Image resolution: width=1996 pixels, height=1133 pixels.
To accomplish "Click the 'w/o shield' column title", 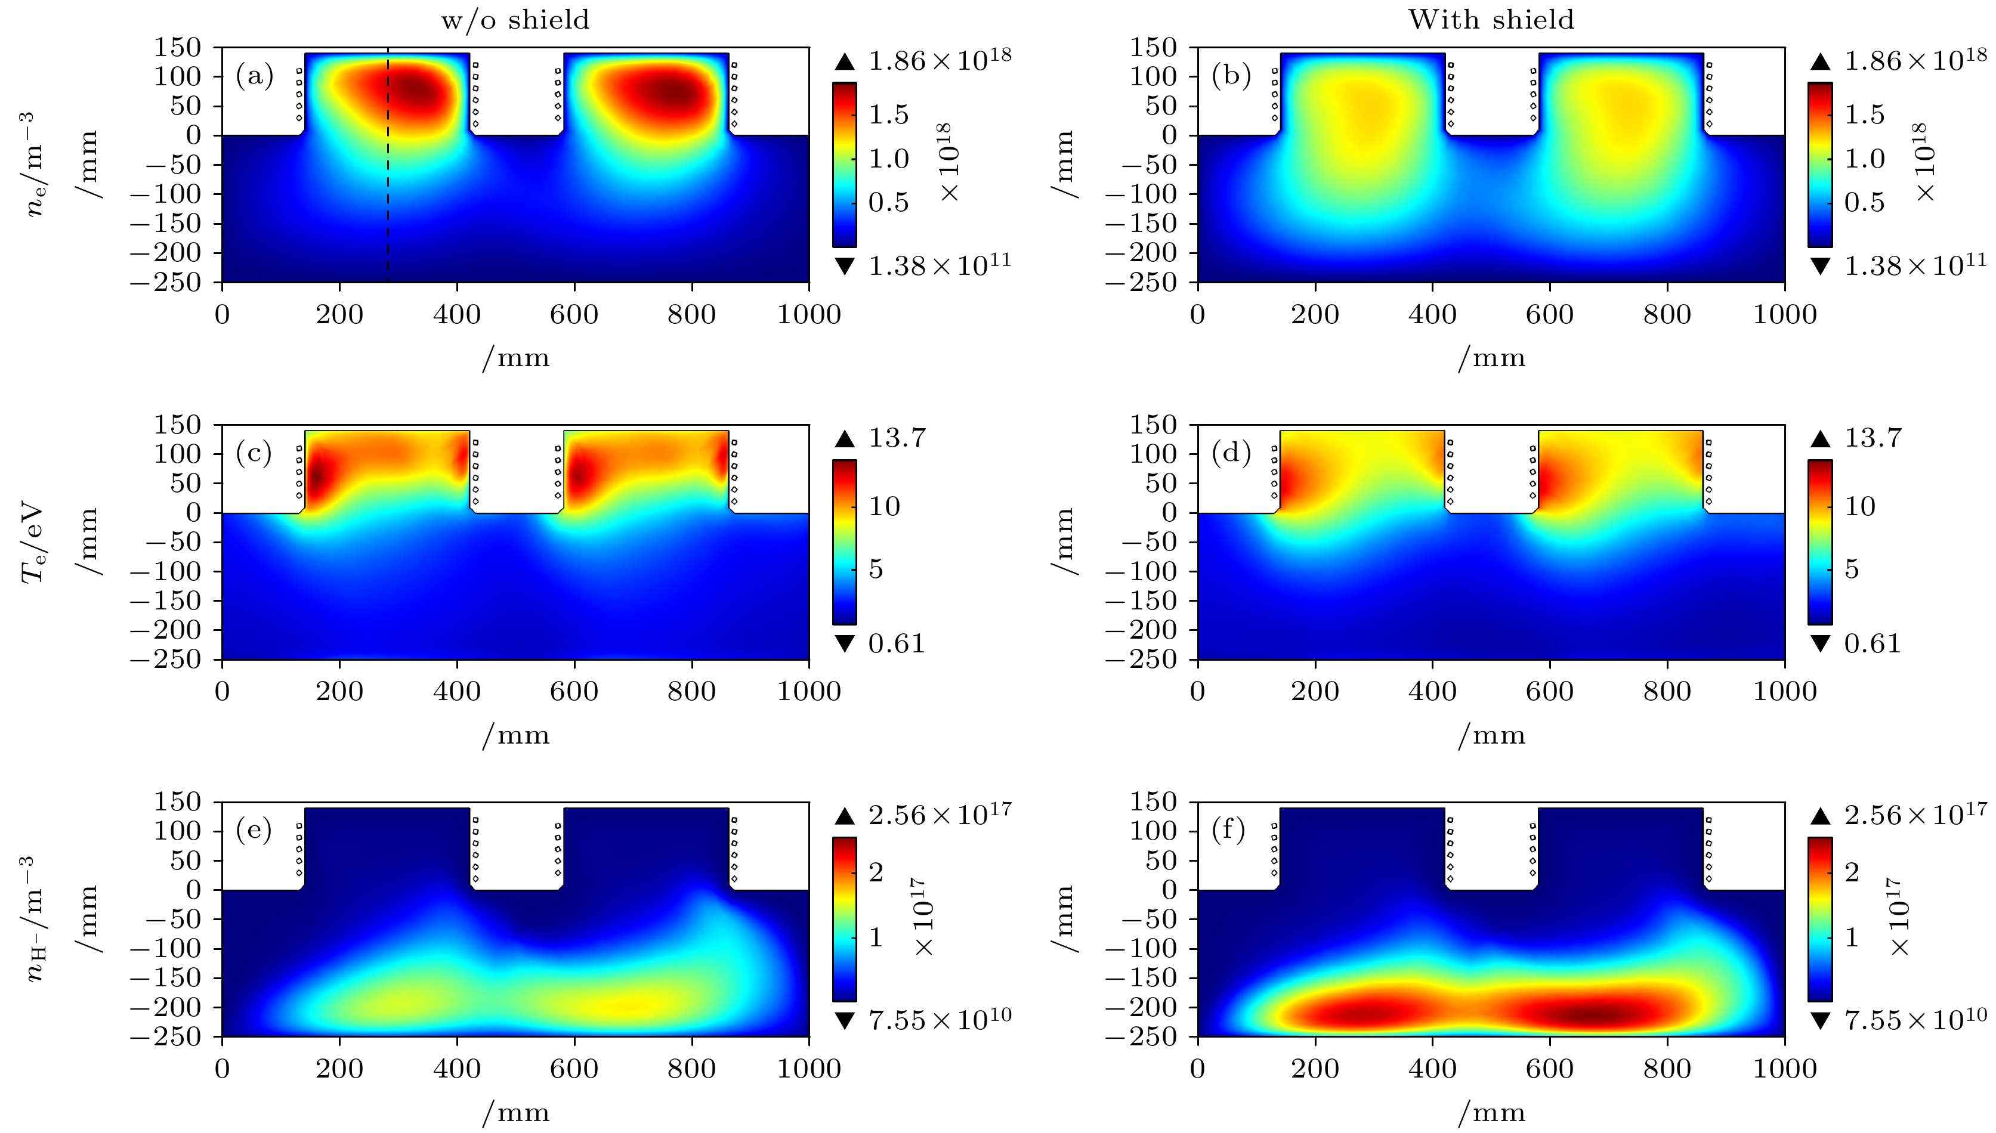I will [x=515, y=20].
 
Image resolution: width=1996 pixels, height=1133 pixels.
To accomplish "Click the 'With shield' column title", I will [x=1491, y=20].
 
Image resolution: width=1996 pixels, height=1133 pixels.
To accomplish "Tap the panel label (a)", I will [x=255, y=76].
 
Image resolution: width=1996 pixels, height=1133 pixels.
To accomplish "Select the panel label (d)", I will [x=1231, y=453].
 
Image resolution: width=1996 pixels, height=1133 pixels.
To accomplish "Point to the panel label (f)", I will [x=1229, y=829].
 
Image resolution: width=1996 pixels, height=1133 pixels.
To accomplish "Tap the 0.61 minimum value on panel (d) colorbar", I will [x=1873, y=643].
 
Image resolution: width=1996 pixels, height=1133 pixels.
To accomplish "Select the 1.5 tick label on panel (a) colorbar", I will [x=888, y=115].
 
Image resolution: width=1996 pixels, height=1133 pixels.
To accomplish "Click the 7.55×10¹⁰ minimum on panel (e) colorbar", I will [x=940, y=1019].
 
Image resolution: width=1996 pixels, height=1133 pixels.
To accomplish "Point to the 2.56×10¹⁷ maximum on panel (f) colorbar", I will [x=1915, y=815].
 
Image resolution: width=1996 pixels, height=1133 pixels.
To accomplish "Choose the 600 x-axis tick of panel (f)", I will [x=1549, y=1069].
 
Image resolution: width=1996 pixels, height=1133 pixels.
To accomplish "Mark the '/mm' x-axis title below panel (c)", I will [x=515, y=735].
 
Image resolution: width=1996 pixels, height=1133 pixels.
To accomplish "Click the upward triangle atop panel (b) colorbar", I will [x=1820, y=62].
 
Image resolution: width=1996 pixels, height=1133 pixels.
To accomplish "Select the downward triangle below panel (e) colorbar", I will [x=845, y=1021].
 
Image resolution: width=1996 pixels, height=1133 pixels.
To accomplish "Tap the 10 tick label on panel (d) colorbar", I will [x=1860, y=507].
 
